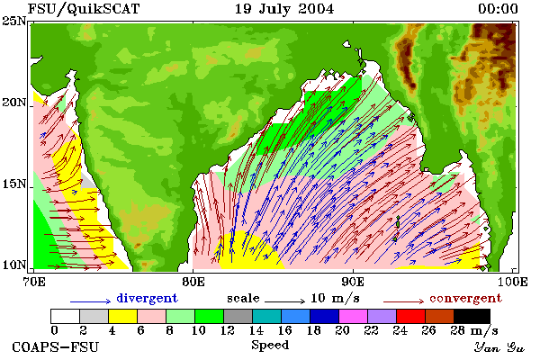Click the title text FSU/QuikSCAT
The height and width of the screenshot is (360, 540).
point(84,9)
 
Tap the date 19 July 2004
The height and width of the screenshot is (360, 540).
point(284,9)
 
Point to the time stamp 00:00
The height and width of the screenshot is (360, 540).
point(498,9)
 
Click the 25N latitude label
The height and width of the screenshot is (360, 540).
point(14,22)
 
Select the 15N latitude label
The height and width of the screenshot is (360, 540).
point(14,184)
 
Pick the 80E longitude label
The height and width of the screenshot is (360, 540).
point(193,282)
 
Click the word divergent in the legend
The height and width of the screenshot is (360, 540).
point(147,298)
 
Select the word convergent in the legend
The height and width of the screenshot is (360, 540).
point(465,298)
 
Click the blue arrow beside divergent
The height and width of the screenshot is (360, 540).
point(91,301)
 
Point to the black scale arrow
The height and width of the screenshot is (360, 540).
point(284,301)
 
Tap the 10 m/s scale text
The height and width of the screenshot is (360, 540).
point(335,298)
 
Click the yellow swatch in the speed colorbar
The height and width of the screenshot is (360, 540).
point(122,316)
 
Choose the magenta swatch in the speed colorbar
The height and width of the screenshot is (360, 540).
point(353,316)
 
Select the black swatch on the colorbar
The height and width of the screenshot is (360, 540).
point(472,316)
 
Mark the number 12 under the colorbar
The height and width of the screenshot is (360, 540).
point(228,330)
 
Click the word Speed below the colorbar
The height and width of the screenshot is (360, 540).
point(270,346)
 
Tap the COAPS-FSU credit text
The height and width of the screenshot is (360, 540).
point(56,346)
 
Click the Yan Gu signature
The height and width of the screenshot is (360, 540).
point(499,347)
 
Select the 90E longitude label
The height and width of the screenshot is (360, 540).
point(354,282)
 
